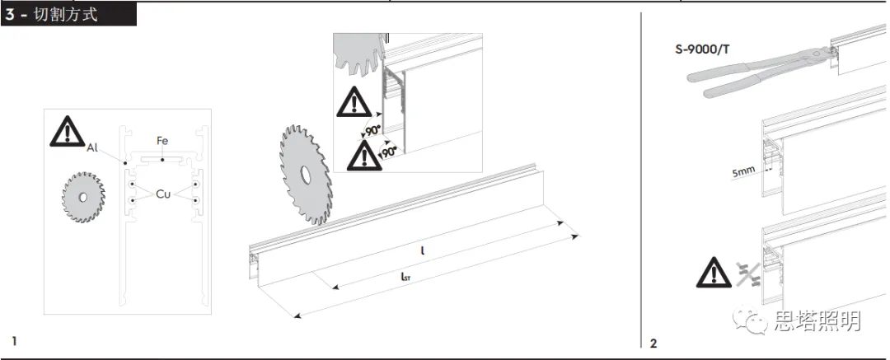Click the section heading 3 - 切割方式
tap(51, 14)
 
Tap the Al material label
tap(92, 148)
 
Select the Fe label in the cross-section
tap(162, 141)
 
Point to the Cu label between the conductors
tap(163, 194)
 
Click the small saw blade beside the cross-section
tap(83, 197)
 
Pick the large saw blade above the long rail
tap(306, 175)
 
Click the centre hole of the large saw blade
tap(306, 175)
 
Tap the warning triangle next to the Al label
tap(67, 132)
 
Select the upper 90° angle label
tap(373, 131)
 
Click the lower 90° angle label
tap(390, 152)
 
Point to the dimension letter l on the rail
tap(423, 250)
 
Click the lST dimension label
tap(405, 277)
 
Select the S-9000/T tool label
tap(702, 49)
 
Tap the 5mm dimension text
tap(743, 171)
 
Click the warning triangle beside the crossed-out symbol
tap(714, 273)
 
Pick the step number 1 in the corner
tap(14, 341)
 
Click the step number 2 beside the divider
tap(653, 344)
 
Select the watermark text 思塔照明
tap(818, 320)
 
